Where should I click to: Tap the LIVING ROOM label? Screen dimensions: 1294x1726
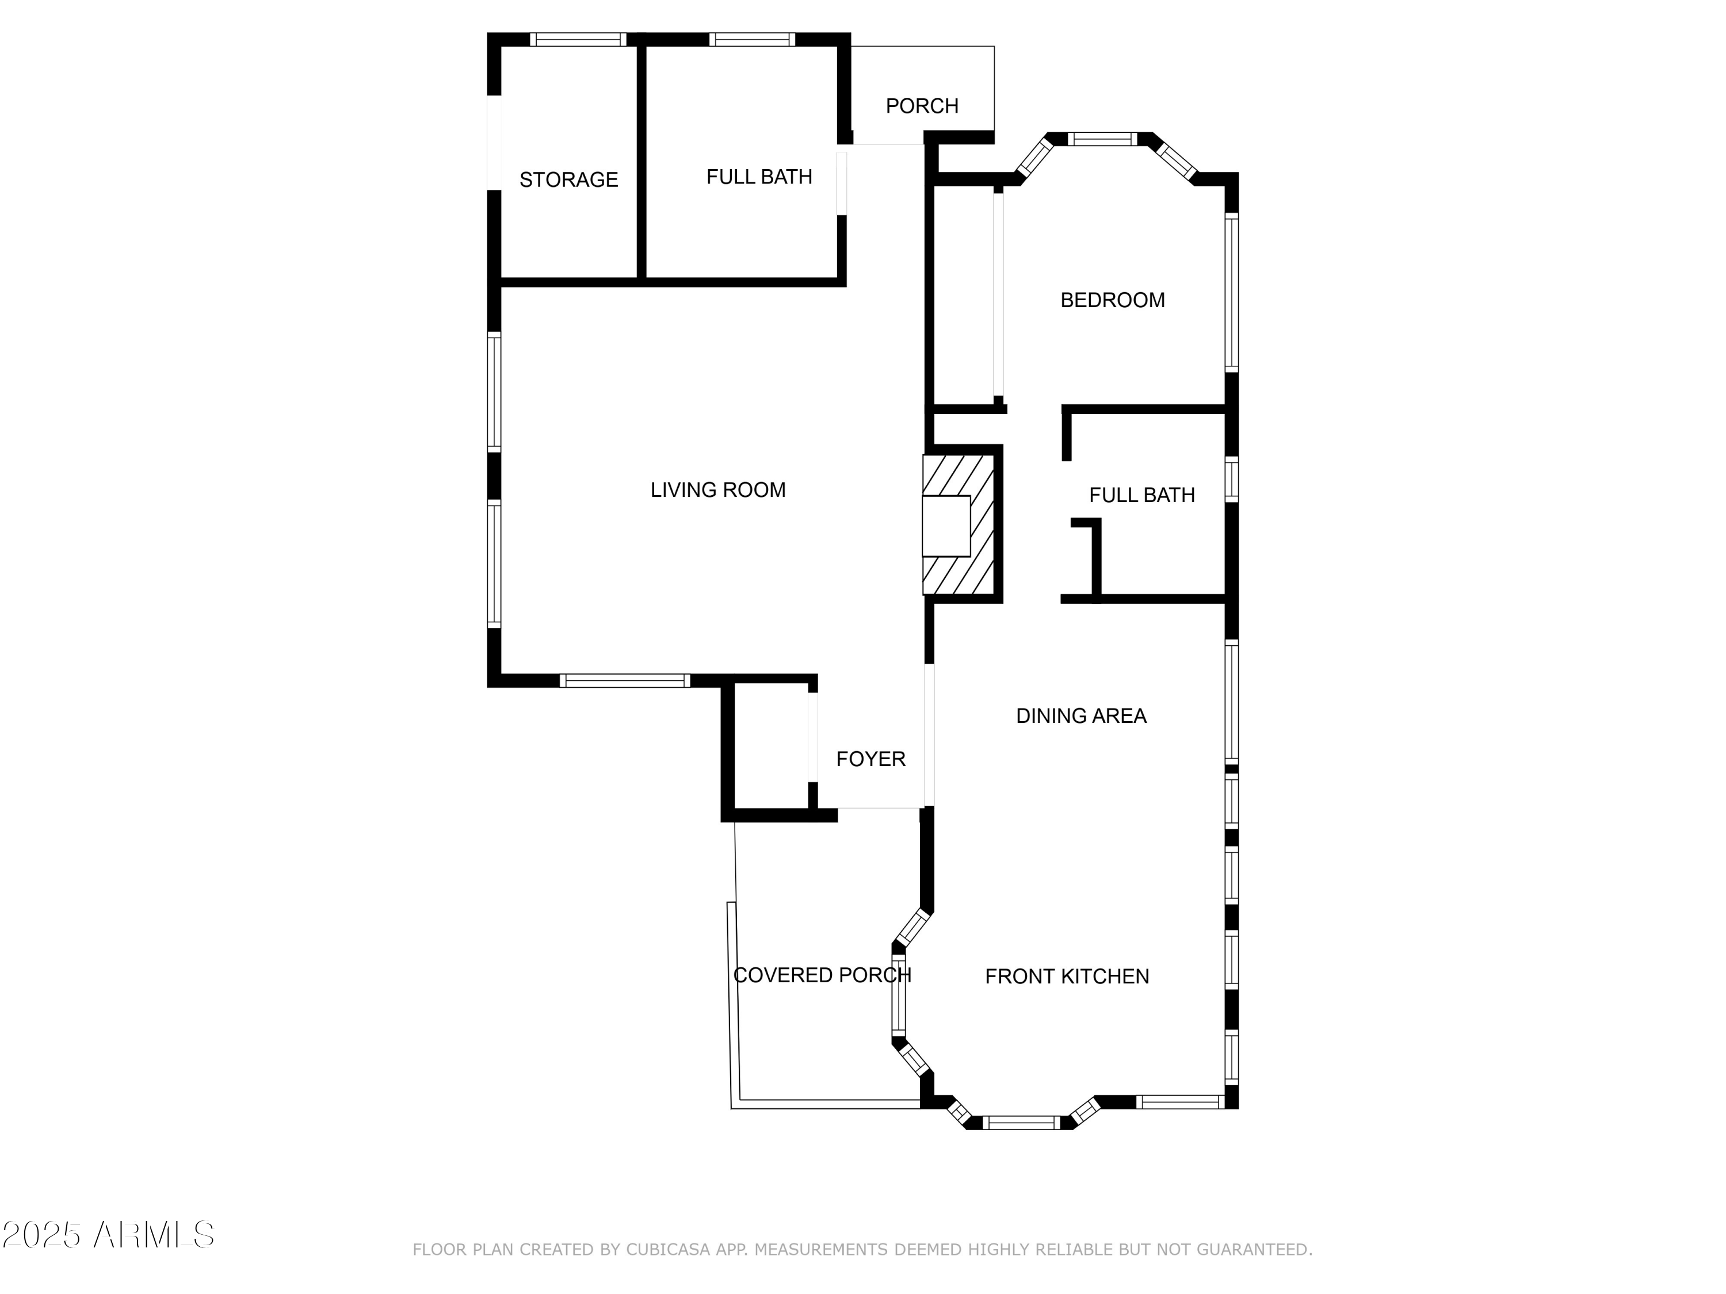tap(718, 490)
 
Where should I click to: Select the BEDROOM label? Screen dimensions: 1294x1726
tap(1112, 300)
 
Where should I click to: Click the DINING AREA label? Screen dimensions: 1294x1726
tap(1080, 716)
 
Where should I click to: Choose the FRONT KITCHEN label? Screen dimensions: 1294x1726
tap(1067, 977)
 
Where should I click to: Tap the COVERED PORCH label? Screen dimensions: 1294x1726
tap(822, 975)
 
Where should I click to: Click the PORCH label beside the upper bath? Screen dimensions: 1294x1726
tap(922, 106)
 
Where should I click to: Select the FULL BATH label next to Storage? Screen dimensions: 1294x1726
tap(759, 177)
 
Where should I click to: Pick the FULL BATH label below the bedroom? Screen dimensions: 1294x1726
tap(1141, 495)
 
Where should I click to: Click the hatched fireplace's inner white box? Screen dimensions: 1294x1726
tap(946, 526)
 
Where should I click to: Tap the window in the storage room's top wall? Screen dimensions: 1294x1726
tap(578, 40)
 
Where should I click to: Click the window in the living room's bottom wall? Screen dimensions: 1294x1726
tap(625, 681)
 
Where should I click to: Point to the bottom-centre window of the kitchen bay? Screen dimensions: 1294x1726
tap(1021, 1123)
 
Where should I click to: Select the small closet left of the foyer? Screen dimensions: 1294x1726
tap(771, 746)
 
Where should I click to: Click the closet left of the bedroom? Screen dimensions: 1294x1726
tap(964, 296)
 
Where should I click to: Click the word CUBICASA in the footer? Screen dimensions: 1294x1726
tap(668, 1250)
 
